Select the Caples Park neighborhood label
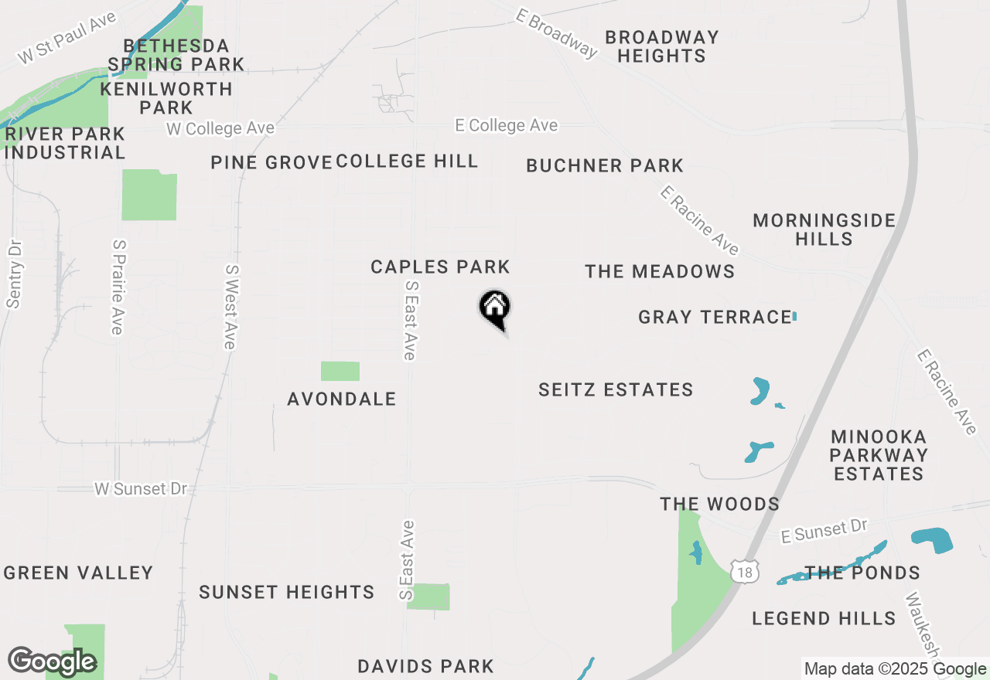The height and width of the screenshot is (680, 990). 440,267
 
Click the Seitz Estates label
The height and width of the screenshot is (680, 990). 616,389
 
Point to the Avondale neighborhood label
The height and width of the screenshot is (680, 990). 342,399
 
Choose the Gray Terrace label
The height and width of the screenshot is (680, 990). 715,317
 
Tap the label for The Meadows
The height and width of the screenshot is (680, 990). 660,271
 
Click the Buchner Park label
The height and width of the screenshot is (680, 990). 605,165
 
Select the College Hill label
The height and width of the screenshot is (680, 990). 408,161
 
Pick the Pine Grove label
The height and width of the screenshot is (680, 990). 271,162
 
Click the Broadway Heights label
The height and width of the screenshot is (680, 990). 662,46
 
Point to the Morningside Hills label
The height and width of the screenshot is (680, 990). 824,229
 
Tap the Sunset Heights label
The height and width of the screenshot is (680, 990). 287,592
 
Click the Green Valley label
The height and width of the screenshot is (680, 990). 79,573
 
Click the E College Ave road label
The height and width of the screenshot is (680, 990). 506,125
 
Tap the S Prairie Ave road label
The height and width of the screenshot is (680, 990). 118,287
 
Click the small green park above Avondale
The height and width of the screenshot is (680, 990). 340,371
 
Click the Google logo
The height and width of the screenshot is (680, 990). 52,661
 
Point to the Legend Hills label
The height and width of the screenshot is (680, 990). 824,618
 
